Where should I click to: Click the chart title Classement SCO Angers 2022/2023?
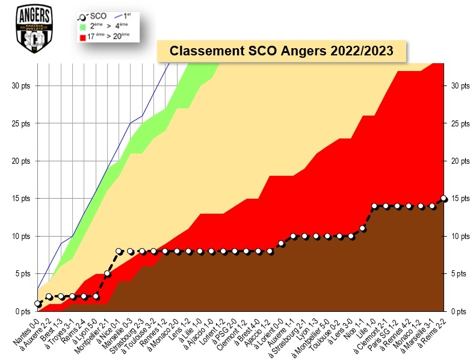coord(282,51)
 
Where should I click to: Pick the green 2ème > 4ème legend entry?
coord(111,27)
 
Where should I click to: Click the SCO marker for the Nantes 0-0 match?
coord(37,304)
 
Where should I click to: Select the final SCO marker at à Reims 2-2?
coord(444,198)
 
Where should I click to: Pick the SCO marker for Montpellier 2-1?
coord(107,274)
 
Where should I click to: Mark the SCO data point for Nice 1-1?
coord(362,228)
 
